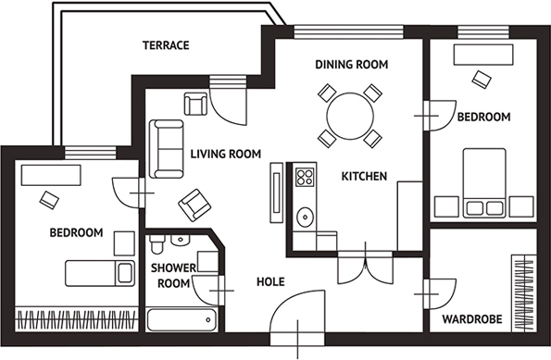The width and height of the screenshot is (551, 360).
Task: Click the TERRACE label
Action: [x=166, y=45]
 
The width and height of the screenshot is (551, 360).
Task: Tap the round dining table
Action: [x=350, y=116]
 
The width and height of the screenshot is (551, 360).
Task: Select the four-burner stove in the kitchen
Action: [x=305, y=177]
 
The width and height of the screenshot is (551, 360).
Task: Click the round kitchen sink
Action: [x=306, y=217]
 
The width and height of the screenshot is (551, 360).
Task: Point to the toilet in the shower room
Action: [x=157, y=243]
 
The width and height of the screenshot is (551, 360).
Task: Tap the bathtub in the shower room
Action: [x=182, y=319]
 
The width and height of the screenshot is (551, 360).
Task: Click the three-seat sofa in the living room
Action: [x=166, y=149]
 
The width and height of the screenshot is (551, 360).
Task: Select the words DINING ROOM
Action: [x=351, y=65]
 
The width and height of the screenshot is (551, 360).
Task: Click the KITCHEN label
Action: [x=364, y=177]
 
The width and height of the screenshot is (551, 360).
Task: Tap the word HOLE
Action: [x=270, y=281]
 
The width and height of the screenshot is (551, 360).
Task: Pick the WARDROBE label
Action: [x=472, y=319]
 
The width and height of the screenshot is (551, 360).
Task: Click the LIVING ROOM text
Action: [x=226, y=154]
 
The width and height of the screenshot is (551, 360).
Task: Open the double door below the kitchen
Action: [x=366, y=267]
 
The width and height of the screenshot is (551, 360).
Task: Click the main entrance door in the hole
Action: [x=298, y=317]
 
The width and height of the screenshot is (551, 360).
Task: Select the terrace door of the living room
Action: [x=229, y=102]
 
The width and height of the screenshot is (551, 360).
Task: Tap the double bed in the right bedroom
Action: [x=484, y=183]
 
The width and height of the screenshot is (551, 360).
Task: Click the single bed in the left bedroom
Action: [x=100, y=273]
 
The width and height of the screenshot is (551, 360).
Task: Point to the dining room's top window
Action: [x=348, y=32]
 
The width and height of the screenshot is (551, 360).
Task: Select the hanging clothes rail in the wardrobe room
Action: [x=524, y=293]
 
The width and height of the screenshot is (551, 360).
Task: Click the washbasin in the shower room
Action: [x=181, y=240]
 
